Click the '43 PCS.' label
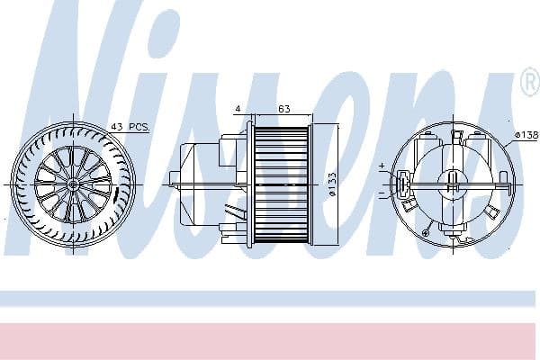tap(130, 127)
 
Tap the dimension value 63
tap(283, 109)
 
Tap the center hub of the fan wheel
tap(73, 184)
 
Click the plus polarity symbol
tap(382, 166)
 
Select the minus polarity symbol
tap(382, 193)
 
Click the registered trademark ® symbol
tap(528, 83)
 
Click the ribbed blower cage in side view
tap(281, 184)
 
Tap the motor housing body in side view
tap(202, 184)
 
